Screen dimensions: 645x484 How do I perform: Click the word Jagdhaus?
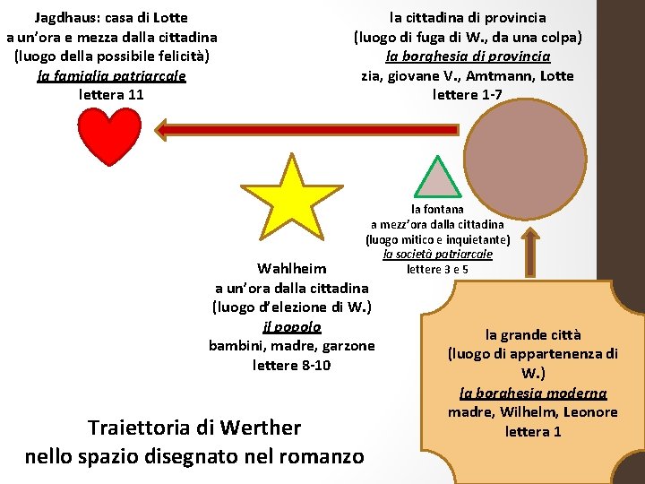66,17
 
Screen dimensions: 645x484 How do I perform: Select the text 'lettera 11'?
111,94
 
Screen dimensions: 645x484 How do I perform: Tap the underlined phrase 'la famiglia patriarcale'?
111,75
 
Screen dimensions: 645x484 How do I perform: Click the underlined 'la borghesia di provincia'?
468,56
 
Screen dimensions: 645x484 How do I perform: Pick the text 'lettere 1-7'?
468,94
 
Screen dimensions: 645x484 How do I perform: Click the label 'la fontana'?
437,209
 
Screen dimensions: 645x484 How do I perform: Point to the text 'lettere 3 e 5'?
437,269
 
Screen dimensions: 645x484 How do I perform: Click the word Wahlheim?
291,268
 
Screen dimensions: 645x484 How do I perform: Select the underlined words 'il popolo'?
291,326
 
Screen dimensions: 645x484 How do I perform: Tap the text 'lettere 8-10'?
291,365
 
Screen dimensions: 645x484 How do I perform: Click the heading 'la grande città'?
533,334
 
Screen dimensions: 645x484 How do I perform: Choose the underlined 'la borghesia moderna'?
533,393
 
